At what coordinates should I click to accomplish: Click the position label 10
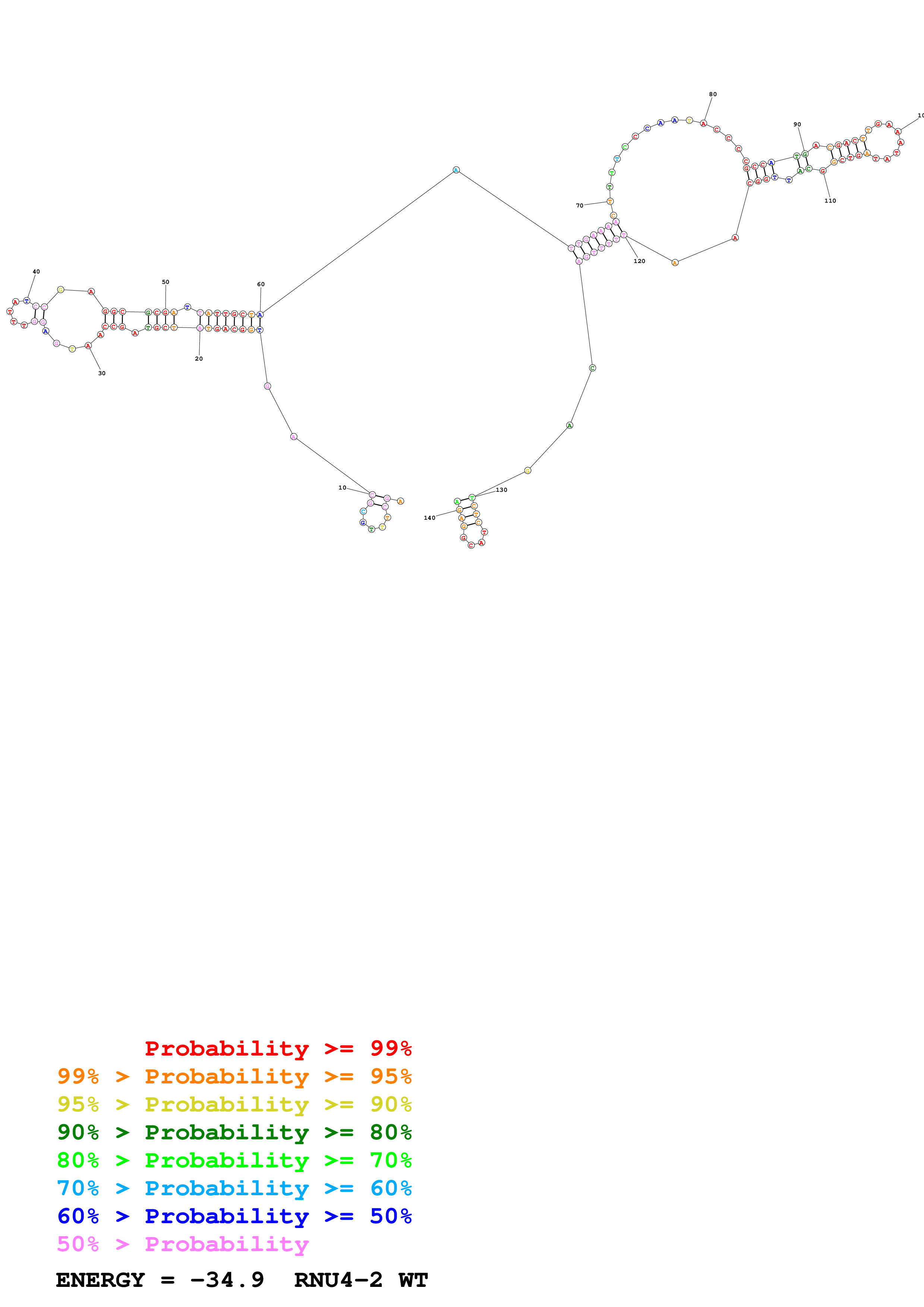pos(342,488)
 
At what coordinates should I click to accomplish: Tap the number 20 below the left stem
pos(199,359)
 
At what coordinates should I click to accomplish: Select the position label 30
pos(102,373)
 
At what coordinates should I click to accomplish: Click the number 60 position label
pos(261,284)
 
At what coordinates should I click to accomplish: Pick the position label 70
pos(580,206)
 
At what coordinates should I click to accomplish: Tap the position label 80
pos(713,95)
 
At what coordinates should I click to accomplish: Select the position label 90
pos(797,124)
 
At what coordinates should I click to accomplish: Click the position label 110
pos(830,201)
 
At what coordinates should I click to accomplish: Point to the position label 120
pos(639,261)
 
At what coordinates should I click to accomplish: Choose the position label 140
pos(429,518)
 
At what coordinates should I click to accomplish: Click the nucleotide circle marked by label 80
pos(704,124)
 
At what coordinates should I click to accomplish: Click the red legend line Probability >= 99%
pos(278,1048)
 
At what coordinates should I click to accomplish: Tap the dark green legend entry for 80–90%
pos(234,1132)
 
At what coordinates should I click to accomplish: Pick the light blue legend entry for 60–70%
pos(234,1188)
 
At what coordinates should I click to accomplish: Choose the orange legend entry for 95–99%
pos(234,1076)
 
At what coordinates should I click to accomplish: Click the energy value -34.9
pos(227,1280)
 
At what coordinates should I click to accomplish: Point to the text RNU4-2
pos(338,1280)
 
